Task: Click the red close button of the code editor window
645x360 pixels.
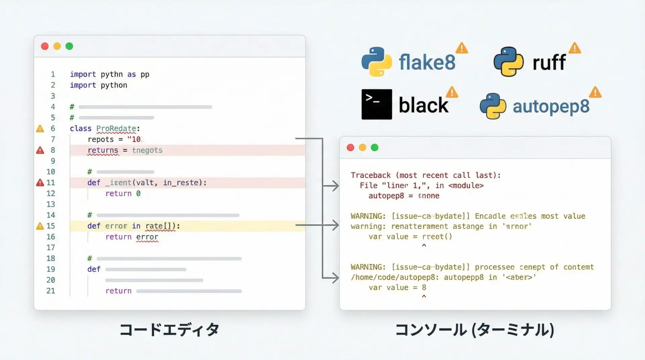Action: coord(45,46)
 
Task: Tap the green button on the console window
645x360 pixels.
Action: coord(375,147)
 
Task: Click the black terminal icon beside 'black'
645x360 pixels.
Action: coord(377,104)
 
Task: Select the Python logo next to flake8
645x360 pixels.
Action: coord(377,62)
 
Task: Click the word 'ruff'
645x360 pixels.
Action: coord(549,62)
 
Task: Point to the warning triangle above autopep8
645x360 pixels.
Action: coord(595,92)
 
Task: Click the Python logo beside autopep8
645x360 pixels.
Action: coord(493,106)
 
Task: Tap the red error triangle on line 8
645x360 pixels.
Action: coord(40,150)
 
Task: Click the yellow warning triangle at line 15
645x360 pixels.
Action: coord(40,226)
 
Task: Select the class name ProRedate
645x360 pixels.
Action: coord(116,129)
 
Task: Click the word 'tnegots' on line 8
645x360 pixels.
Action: coord(147,150)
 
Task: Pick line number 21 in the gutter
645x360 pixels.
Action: coord(51,291)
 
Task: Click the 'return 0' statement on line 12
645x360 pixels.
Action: coord(123,193)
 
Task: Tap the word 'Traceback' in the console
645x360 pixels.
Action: coord(371,175)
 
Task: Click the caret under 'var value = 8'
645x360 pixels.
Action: coord(424,297)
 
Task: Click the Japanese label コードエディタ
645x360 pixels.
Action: coord(169,330)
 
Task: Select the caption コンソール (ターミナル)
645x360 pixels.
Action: coord(474,330)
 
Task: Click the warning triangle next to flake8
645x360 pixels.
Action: coord(462,48)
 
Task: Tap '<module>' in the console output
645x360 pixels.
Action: coord(466,185)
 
